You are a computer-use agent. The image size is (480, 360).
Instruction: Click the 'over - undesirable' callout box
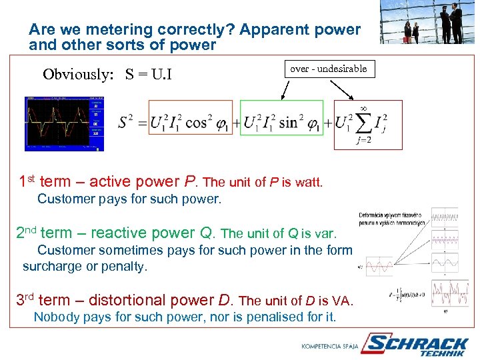[x=328, y=69]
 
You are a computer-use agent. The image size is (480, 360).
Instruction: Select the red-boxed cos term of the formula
[x=191, y=123]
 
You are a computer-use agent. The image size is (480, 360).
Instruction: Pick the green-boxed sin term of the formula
[x=281, y=123]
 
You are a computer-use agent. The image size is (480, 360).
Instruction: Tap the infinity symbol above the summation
[x=364, y=107]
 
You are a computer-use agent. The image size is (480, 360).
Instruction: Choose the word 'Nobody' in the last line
[x=54, y=317]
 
